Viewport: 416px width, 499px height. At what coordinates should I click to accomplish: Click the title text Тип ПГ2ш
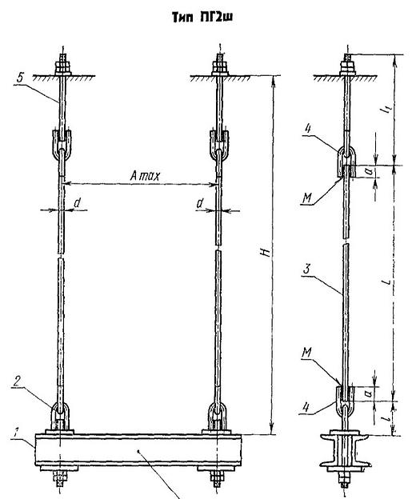(x=202, y=17)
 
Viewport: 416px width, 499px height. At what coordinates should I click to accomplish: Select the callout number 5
(x=20, y=78)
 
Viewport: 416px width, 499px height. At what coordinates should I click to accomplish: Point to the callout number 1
(x=14, y=433)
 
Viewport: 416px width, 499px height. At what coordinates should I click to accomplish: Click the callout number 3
(x=306, y=269)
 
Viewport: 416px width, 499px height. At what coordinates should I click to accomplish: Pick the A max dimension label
(x=145, y=176)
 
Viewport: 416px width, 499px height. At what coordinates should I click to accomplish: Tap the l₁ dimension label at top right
(x=386, y=110)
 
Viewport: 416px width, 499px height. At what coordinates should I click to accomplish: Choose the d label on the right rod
(x=200, y=203)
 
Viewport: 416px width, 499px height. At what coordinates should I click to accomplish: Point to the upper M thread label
(x=307, y=198)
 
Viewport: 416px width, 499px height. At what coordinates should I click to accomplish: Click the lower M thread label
(x=307, y=353)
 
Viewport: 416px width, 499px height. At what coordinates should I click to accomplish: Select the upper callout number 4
(x=307, y=130)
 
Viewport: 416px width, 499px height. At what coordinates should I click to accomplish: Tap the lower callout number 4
(x=306, y=408)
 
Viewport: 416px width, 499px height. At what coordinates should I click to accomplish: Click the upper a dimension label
(x=369, y=171)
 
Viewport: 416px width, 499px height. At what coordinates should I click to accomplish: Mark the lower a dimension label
(x=369, y=393)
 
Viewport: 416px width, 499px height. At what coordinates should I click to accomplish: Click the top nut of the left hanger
(x=63, y=67)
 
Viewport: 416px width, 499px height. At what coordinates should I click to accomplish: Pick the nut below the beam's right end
(x=217, y=477)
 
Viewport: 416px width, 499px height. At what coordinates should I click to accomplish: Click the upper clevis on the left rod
(x=62, y=145)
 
